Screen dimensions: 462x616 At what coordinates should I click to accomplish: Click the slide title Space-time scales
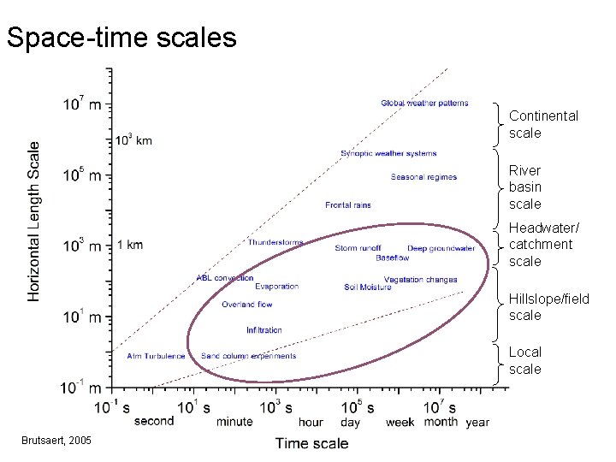[121, 38]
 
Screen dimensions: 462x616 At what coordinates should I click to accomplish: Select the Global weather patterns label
[424, 104]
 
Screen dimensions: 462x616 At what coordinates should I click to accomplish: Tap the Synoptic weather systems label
[388, 154]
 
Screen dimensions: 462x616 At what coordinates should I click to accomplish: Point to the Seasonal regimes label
[423, 177]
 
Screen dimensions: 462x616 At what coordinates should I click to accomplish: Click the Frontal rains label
[348, 205]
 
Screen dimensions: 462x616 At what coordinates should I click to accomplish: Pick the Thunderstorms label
[275, 242]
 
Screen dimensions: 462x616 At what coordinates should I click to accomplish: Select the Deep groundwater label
[441, 249]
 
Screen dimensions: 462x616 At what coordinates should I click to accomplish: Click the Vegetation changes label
[420, 280]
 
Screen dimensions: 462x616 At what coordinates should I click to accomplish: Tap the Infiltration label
[264, 330]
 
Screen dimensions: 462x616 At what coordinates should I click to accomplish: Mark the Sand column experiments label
[248, 356]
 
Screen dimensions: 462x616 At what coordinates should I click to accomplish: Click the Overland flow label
[246, 305]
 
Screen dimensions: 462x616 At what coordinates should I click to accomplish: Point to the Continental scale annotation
[543, 124]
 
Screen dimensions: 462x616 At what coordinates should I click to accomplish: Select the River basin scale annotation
[525, 187]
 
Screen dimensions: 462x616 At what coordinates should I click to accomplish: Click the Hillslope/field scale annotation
[548, 306]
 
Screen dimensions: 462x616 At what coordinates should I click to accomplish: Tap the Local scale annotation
[525, 360]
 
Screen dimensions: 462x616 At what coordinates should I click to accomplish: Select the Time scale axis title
[311, 442]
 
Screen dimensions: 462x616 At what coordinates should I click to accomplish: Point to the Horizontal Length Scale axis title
[34, 221]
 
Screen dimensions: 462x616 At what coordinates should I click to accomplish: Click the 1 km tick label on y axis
[129, 246]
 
